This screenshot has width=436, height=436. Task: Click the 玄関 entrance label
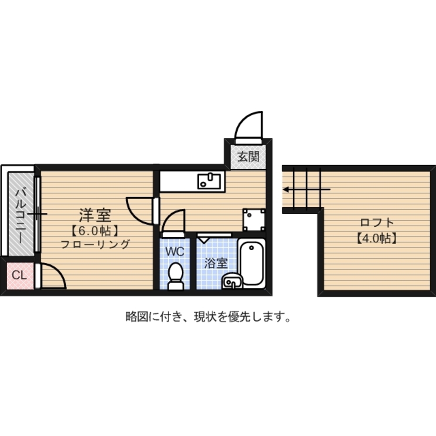click(x=248, y=157)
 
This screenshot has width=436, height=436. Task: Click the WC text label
click(x=176, y=251)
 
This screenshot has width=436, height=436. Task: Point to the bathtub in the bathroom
click(x=252, y=264)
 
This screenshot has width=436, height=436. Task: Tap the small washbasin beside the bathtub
click(x=231, y=282)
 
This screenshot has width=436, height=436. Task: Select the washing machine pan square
click(x=254, y=219)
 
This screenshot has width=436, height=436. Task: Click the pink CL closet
click(x=19, y=276)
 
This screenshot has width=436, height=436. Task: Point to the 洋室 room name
click(x=95, y=215)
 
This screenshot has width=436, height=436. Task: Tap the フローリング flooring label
click(x=95, y=244)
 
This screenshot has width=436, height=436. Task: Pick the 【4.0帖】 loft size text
click(x=377, y=238)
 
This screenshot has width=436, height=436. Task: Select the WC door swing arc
click(x=174, y=220)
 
